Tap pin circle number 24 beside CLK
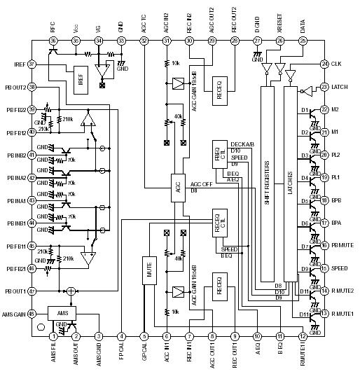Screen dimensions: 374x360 (324, 64)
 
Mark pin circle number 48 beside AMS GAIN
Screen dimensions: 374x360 (32, 314)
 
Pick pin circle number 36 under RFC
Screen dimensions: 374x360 (53, 41)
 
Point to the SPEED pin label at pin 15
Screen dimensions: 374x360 (340, 268)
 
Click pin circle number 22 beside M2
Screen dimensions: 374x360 (324, 110)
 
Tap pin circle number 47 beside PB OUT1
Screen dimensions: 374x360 (32, 291)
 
